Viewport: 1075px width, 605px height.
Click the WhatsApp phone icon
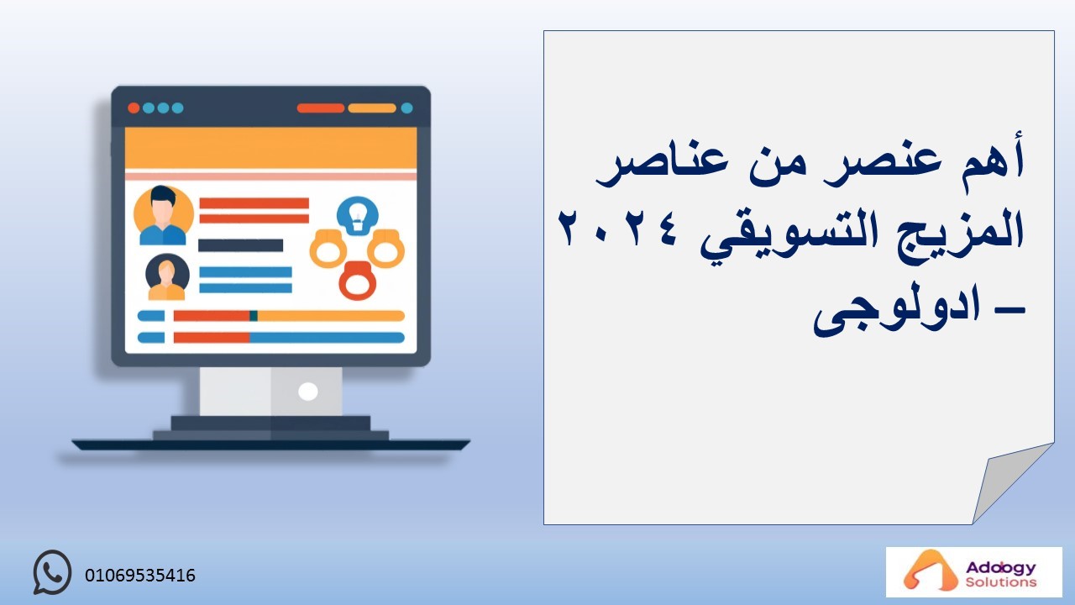(52, 572)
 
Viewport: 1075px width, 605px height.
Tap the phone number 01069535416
(140, 576)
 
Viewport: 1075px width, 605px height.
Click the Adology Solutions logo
(973, 572)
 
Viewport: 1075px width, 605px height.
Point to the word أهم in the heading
(995, 160)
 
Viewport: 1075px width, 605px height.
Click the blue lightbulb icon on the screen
(358, 216)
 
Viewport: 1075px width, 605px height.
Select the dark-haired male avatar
(163, 215)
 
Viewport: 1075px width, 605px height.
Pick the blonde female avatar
(167, 277)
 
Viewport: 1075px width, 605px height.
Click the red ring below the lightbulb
(358, 281)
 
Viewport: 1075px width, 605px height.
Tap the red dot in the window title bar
(134, 108)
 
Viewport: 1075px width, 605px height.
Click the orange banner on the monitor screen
(270, 148)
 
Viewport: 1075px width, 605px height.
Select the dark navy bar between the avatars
(240, 245)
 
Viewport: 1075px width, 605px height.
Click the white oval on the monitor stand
(307, 392)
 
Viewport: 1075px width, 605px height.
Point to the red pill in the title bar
(321, 108)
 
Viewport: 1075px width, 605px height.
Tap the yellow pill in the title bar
(372, 108)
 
